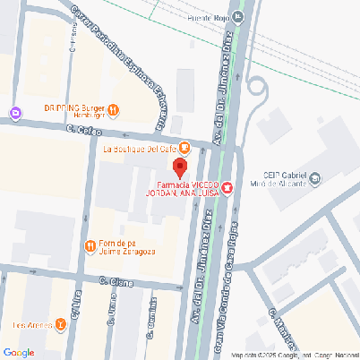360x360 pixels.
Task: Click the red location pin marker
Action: [x=180, y=167]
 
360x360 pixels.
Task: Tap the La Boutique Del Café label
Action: [x=140, y=148]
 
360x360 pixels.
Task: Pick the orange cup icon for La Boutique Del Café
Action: [x=184, y=148]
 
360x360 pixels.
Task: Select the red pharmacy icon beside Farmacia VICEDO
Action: [x=227, y=187]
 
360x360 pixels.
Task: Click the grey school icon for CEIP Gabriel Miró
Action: [x=314, y=181]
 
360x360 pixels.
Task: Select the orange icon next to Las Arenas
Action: [x=60, y=324]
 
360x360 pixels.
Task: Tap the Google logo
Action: [x=19, y=352]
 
